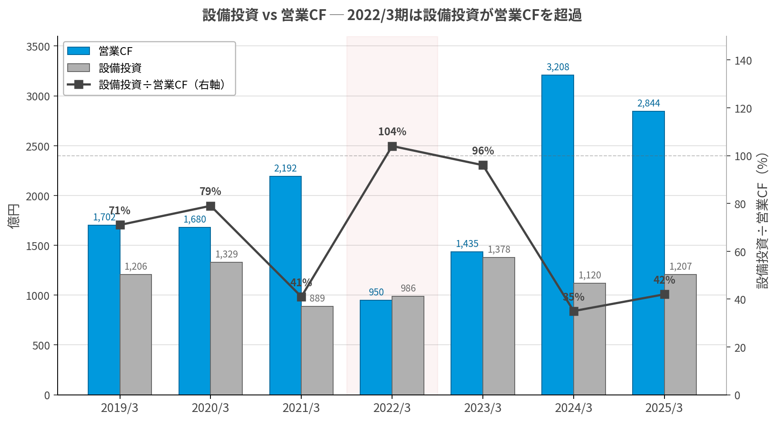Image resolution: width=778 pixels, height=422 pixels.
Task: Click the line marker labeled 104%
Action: [x=392, y=146]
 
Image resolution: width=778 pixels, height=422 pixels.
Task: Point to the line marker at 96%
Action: [x=483, y=165]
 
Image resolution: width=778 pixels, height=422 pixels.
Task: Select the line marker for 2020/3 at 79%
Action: [x=210, y=206]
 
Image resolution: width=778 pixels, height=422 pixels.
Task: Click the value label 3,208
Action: [x=558, y=67]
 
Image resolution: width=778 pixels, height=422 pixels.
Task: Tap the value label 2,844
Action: [x=649, y=103]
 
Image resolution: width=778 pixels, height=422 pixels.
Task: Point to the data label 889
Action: [x=317, y=298]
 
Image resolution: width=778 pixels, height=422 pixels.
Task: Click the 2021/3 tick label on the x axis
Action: [x=301, y=408]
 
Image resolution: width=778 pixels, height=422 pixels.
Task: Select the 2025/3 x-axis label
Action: [x=664, y=408]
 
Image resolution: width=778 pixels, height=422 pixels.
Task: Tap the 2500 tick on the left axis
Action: [x=38, y=147]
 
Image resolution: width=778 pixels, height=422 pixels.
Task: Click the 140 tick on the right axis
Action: [x=743, y=61]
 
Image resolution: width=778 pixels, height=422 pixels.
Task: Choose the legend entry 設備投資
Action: [x=120, y=68]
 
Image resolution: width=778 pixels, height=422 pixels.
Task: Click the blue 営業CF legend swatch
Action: [x=79, y=51]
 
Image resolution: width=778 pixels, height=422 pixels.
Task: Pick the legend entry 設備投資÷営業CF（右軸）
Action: [x=162, y=85]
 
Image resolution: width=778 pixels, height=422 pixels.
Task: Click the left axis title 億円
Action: [x=14, y=216]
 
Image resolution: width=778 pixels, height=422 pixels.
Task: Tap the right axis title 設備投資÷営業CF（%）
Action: [x=762, y=220]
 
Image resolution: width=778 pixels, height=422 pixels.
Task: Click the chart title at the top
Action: [x=392, y=15]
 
